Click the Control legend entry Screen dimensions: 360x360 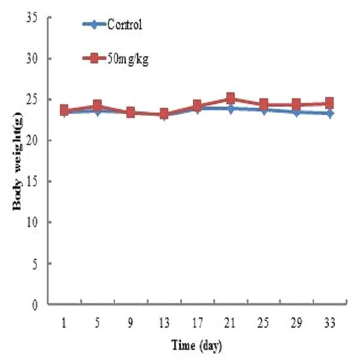click(x=112, y=24)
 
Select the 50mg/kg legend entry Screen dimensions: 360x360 click(x=115, y=59)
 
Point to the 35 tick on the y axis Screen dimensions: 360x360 click(x=32, y=18)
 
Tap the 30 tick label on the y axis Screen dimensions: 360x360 click(x=32, y=59)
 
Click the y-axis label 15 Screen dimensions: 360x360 click(x=32, y=181)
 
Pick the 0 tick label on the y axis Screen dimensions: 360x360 click(x=35, y=305)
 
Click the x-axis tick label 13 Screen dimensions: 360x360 click(x=164, y=323)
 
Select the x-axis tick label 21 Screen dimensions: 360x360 click(x=230, y=323)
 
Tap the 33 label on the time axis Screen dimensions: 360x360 click(x=329, y=323)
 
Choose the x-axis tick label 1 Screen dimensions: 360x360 click(x=64, y=323)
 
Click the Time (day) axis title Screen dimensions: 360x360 click(x=197, y=346)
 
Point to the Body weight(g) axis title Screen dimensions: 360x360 click(x=17, y=161)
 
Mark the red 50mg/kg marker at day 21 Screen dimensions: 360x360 click(x=230, y=98)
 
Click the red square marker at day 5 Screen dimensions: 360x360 click(x=98, y=105)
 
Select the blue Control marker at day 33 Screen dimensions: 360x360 click(x=329, y=114)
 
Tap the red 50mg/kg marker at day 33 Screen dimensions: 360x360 click(x=329, y=103)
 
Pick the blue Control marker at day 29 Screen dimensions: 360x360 click(x=297, y=113)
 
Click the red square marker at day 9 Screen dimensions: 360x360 click(x=131, y=112)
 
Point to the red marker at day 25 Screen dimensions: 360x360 click(x=264, y=104)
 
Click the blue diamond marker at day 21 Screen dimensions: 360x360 click(x=230, y=109)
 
